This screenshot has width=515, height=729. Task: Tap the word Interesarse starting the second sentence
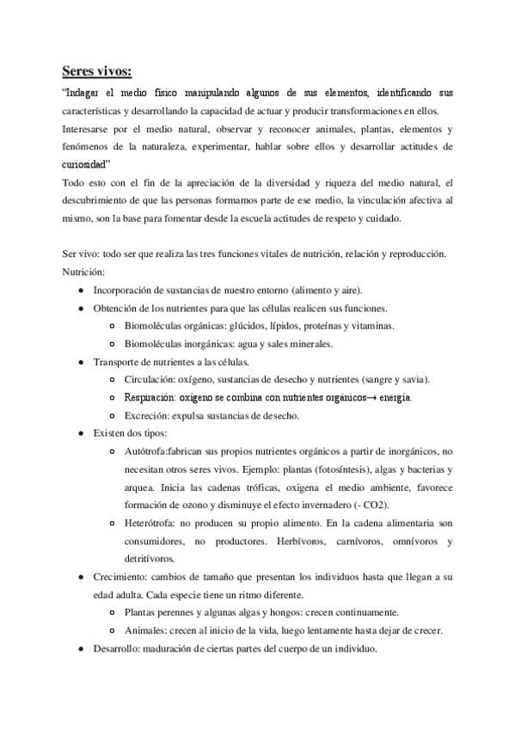(x=91, y=128)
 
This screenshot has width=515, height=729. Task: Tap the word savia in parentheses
(x=414, y=380)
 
